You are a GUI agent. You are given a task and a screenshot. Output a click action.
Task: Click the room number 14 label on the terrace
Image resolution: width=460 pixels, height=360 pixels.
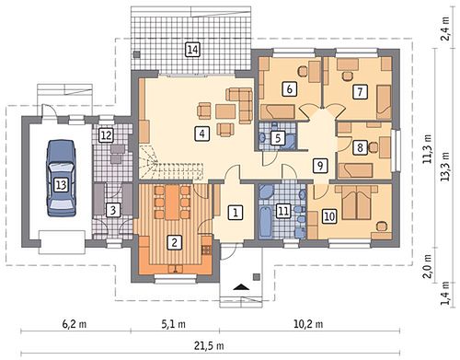tap(192, 50)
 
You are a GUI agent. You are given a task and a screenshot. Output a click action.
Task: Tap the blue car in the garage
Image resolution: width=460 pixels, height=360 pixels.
tap(61, 179)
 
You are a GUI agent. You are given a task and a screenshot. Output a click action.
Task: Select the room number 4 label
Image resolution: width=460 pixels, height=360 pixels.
tap(201, 134)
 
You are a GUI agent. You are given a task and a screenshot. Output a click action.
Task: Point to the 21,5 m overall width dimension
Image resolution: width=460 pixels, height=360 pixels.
tap(209, 346)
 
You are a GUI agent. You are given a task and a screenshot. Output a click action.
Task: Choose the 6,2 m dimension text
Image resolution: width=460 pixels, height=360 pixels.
tap(75, 324)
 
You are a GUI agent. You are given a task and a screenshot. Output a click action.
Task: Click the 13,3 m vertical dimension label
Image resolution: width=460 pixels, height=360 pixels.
tap(445, 167)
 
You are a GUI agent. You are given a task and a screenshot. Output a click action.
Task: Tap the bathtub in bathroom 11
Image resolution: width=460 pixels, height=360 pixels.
tap(265, 222)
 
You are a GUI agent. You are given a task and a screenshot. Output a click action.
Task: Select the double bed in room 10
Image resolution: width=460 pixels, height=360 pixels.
tap(356, 203)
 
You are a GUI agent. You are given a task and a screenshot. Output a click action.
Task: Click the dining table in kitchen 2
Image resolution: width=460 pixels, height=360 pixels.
tap(172, 203)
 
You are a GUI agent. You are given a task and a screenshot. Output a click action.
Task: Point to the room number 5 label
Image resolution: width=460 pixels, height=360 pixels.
tap(278, 138)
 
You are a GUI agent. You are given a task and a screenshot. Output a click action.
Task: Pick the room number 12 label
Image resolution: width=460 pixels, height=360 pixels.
tap(106, 135)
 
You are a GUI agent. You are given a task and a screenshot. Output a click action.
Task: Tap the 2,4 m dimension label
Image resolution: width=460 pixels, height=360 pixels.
tap(445, 29)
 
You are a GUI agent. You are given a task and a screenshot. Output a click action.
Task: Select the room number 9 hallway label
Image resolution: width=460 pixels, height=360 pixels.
tap(320, 166)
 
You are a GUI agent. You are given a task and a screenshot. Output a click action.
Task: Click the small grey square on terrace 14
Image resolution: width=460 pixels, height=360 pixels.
tap(137, 54)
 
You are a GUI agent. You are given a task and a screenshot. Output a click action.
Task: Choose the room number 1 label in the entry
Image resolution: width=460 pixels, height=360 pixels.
tap(236, 213)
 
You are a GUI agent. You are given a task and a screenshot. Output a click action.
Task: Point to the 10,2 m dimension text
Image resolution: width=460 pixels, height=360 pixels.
tap(308, 324)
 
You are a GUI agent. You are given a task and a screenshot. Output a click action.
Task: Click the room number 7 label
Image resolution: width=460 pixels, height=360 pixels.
tap(360, 91)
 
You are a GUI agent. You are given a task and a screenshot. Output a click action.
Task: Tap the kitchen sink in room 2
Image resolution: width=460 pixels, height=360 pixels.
tap(176, 269)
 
